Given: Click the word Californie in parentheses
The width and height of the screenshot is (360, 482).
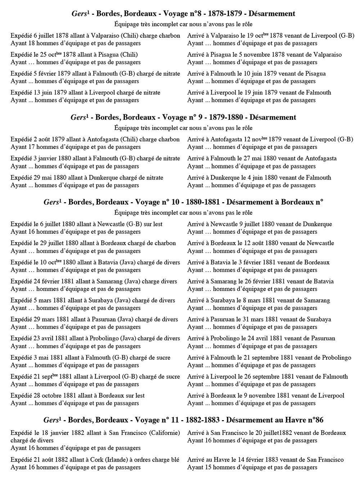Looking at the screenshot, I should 164,433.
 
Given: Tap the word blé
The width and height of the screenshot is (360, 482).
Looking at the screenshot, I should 175,460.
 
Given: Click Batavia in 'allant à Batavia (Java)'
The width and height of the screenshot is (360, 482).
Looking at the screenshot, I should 108,262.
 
